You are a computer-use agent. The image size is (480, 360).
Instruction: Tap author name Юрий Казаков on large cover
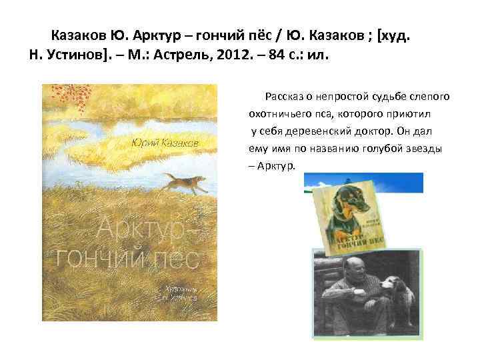pos(165,143)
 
